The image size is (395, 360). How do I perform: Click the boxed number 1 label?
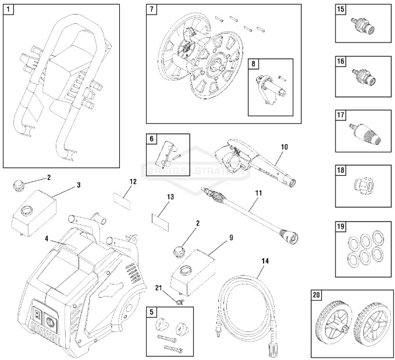click(8, 10)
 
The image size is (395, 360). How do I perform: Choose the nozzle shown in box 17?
click(364, 131)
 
